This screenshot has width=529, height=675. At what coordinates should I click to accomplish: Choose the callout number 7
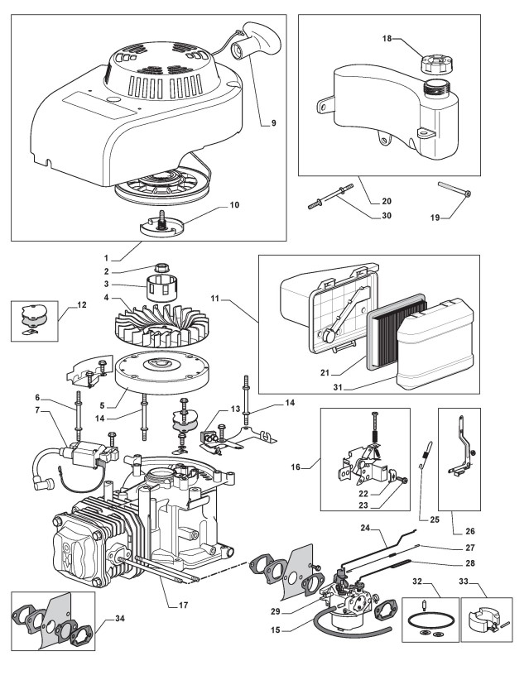tap(60, 411)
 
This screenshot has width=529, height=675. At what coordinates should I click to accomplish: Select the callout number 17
tap(184, 606)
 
